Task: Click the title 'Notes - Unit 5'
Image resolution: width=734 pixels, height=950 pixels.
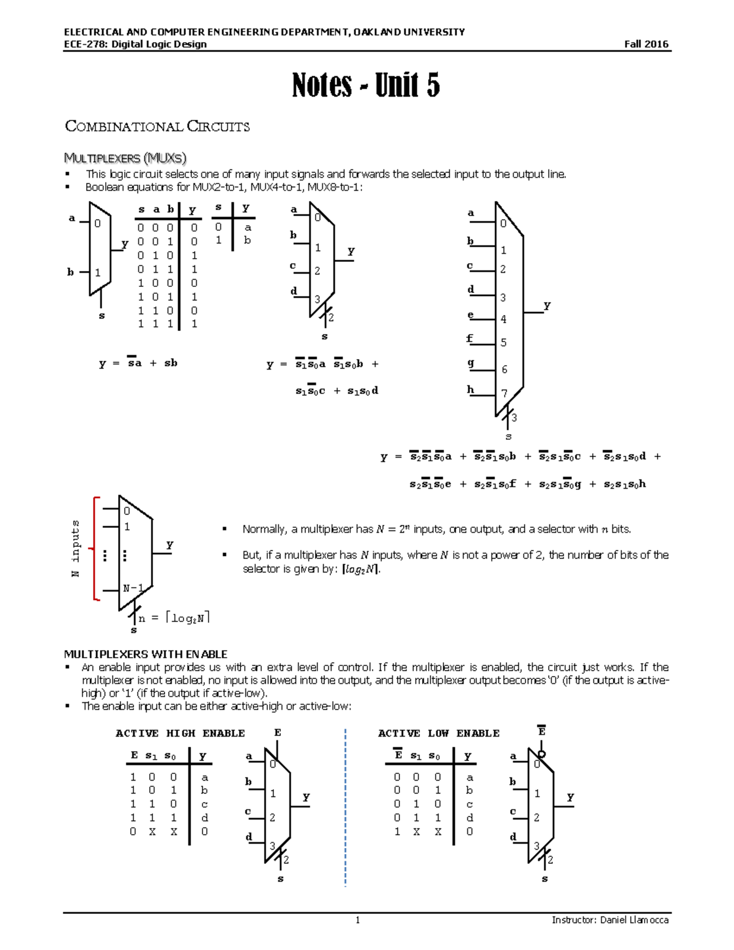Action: [x=366, y=85]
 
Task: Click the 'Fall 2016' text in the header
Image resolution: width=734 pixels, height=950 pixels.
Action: [x=646, y=44]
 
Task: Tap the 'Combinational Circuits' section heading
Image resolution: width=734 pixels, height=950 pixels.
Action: [x=157, y=127]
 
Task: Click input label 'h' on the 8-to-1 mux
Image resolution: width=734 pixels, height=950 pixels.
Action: [x=470, y=389]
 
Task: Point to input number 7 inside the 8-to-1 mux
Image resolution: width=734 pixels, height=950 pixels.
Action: [x=504, y=393]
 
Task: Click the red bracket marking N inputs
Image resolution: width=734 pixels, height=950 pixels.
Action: [x=95, y=548]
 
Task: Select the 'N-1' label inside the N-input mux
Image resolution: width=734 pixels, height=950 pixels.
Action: [x=133, y=588]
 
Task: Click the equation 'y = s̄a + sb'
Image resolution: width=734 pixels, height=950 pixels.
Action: [x=138, y=363]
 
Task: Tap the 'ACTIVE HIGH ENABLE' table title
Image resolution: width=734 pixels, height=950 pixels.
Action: [x=180, y=733]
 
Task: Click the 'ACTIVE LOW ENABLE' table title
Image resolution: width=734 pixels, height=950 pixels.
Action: [x=439, y=733]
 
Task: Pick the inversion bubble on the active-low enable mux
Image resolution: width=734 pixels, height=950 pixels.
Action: [x=541, y=754]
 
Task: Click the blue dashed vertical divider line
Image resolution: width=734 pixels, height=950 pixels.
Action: [x=346, y=807]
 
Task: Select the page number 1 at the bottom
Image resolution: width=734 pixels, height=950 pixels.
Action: [x=358, y=920]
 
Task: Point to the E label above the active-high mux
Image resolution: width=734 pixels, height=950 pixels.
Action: [x=278, y=733]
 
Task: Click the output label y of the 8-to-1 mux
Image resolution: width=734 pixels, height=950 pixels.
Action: [x=547, y=305]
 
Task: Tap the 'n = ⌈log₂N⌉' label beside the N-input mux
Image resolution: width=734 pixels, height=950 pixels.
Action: [x=174, y=618]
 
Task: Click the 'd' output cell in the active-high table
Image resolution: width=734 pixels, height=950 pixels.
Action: [x=204, y=818]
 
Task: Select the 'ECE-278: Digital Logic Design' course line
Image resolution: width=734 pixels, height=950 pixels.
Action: [x=135, y=44]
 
